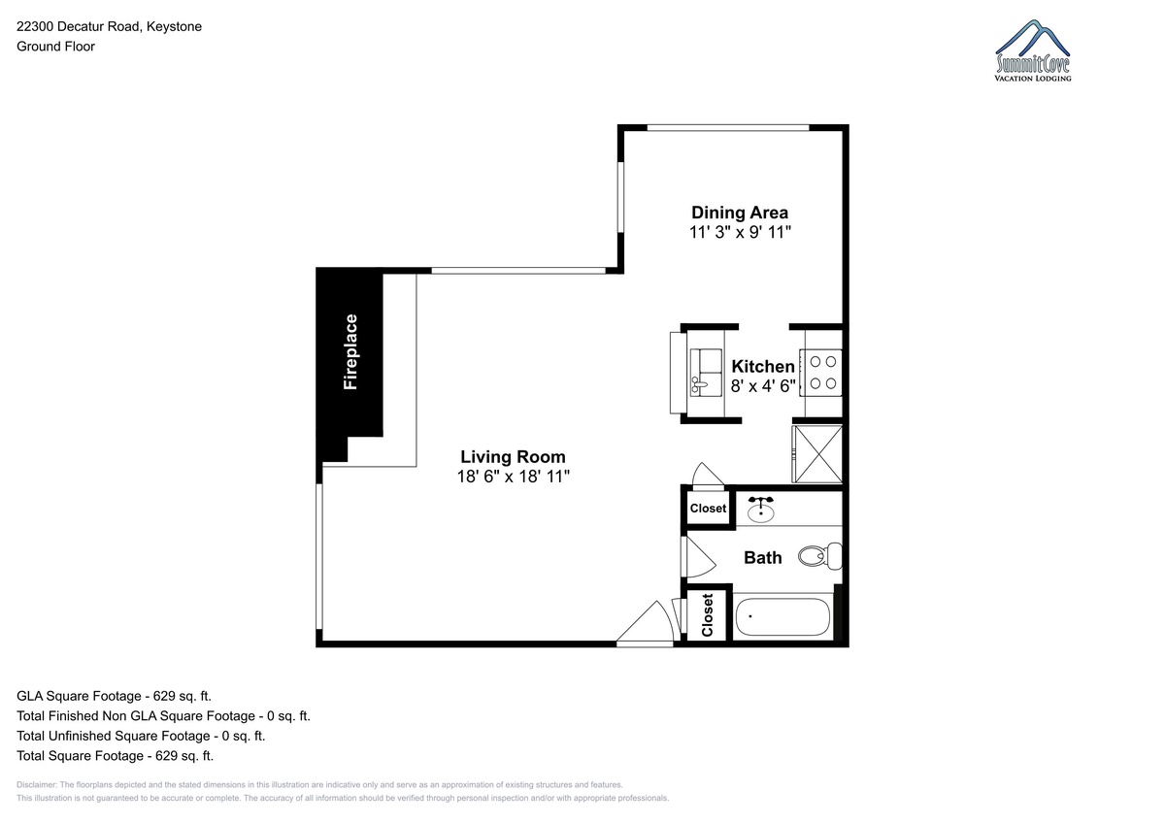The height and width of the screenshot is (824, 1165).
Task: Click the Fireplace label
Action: [350, 351]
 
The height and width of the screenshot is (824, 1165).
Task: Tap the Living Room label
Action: [513, 457]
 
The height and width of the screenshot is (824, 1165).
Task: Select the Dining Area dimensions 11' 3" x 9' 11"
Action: [740, 232]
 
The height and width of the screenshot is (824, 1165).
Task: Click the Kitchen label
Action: [762, 367]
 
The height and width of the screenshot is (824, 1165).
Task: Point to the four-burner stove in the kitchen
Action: [821, 373]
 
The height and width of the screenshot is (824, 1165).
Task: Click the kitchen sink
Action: [705, 373]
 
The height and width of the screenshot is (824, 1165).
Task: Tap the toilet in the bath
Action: [820, 556]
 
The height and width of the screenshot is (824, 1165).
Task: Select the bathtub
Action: [782, 616]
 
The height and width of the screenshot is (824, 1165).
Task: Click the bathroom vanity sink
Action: [760, 510]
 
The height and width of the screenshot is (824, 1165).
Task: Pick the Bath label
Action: [762, 558]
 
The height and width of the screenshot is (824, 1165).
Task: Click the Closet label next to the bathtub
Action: [708, 615]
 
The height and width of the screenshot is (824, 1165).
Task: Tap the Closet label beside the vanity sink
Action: [708, 509]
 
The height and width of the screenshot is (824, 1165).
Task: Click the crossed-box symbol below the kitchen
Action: [817, 454]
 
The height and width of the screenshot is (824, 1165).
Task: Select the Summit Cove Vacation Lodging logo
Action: [1033, 50]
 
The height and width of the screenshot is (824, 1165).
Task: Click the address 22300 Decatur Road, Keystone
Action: [109, 26]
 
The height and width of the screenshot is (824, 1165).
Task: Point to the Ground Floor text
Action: [55, 47]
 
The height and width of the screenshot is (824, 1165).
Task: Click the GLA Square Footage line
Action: [114, 696]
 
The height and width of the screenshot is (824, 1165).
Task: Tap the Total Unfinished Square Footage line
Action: [141, 736]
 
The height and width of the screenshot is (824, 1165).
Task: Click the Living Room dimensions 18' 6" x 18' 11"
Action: [514, 477]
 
